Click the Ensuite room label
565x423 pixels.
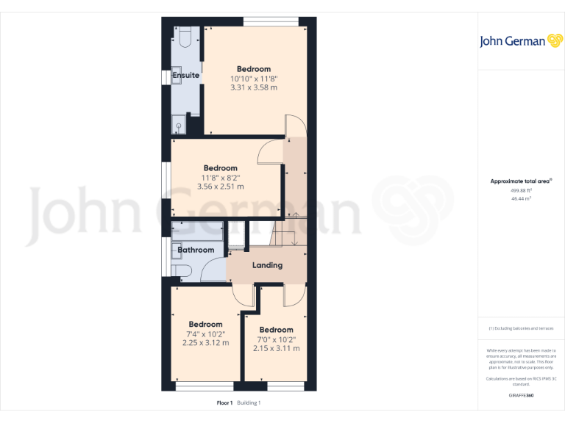pos(185,75)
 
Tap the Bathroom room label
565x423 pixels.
pos(196,250)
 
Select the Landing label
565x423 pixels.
pos(267,265)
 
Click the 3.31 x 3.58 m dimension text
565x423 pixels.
pos(254,87)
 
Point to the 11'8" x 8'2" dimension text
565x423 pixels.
pos(220,177)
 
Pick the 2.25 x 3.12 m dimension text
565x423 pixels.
pos(205,343)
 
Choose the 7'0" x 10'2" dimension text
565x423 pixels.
pos(276,339)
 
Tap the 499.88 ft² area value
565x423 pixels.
pos(521,190)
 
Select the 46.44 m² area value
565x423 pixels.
pos(521,198)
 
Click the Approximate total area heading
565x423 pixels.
pos(521,181)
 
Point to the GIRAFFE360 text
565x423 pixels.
pos(521,396)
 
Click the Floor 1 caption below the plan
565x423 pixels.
pos(224,402)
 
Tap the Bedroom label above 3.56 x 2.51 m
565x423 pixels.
pos(220,167)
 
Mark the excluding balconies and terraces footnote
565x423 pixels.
pos(521,328)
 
